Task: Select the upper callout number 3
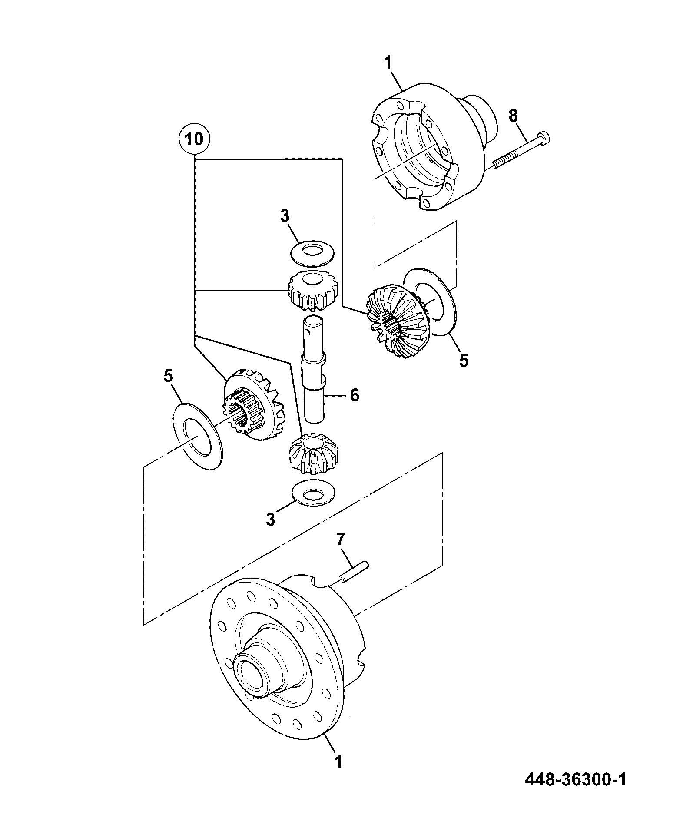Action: [285, 216]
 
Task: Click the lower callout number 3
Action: [271, 519]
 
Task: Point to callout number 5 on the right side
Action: [464, 360]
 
